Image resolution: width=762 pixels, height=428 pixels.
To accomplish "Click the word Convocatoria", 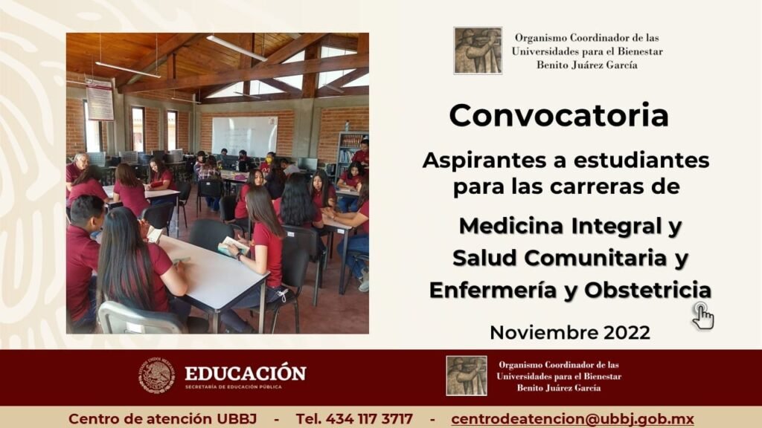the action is point(559,115).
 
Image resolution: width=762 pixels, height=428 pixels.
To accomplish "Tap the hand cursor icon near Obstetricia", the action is point(702,316).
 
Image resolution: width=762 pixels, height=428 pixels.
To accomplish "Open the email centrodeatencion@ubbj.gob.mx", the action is point(572,419).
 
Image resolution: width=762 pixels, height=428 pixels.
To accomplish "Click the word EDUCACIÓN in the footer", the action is point(246,373).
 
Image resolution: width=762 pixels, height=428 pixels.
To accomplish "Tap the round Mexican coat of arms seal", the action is point(156,375).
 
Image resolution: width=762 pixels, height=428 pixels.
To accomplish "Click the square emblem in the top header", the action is point(478,51).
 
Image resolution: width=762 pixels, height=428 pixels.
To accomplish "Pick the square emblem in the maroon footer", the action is point(467,375).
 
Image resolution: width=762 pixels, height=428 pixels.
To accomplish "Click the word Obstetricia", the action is point(648,291).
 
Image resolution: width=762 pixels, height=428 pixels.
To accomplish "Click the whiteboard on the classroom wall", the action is point(244,136).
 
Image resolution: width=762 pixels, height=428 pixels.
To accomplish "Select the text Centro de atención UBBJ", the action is point(162,419).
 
